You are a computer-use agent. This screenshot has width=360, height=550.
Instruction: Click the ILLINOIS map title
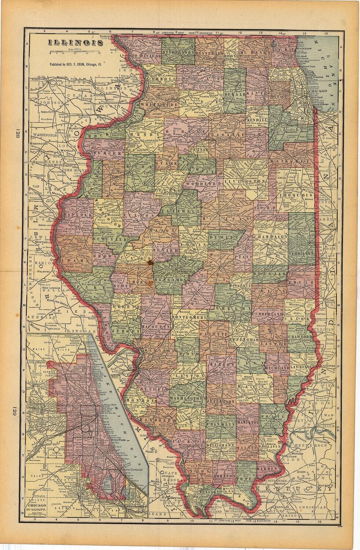click(x=75, y=43)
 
